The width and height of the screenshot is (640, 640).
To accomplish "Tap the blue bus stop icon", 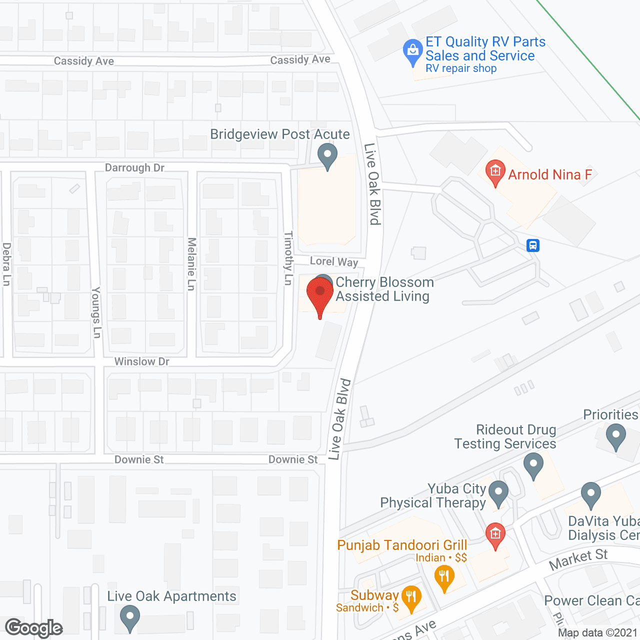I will [533, 245].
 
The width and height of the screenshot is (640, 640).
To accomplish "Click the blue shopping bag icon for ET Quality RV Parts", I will [413, 51].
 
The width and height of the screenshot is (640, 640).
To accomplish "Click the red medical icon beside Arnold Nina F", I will [495, 172].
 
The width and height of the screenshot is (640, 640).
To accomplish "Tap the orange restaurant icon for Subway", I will [411, 597].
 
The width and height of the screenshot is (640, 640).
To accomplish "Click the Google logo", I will [34, 628].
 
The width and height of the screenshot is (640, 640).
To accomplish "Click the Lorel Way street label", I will [334, 261].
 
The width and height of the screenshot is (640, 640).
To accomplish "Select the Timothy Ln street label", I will [288, 258].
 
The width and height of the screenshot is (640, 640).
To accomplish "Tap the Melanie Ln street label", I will [191, 264].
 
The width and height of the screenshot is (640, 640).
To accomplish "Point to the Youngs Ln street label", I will [96, 312].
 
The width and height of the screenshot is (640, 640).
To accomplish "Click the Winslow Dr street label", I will [142, 361].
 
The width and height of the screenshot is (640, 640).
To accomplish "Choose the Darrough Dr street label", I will [134, 168].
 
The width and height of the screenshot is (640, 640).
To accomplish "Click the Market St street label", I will [578, 559].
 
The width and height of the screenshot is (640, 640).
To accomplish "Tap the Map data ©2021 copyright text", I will [598, 633].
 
